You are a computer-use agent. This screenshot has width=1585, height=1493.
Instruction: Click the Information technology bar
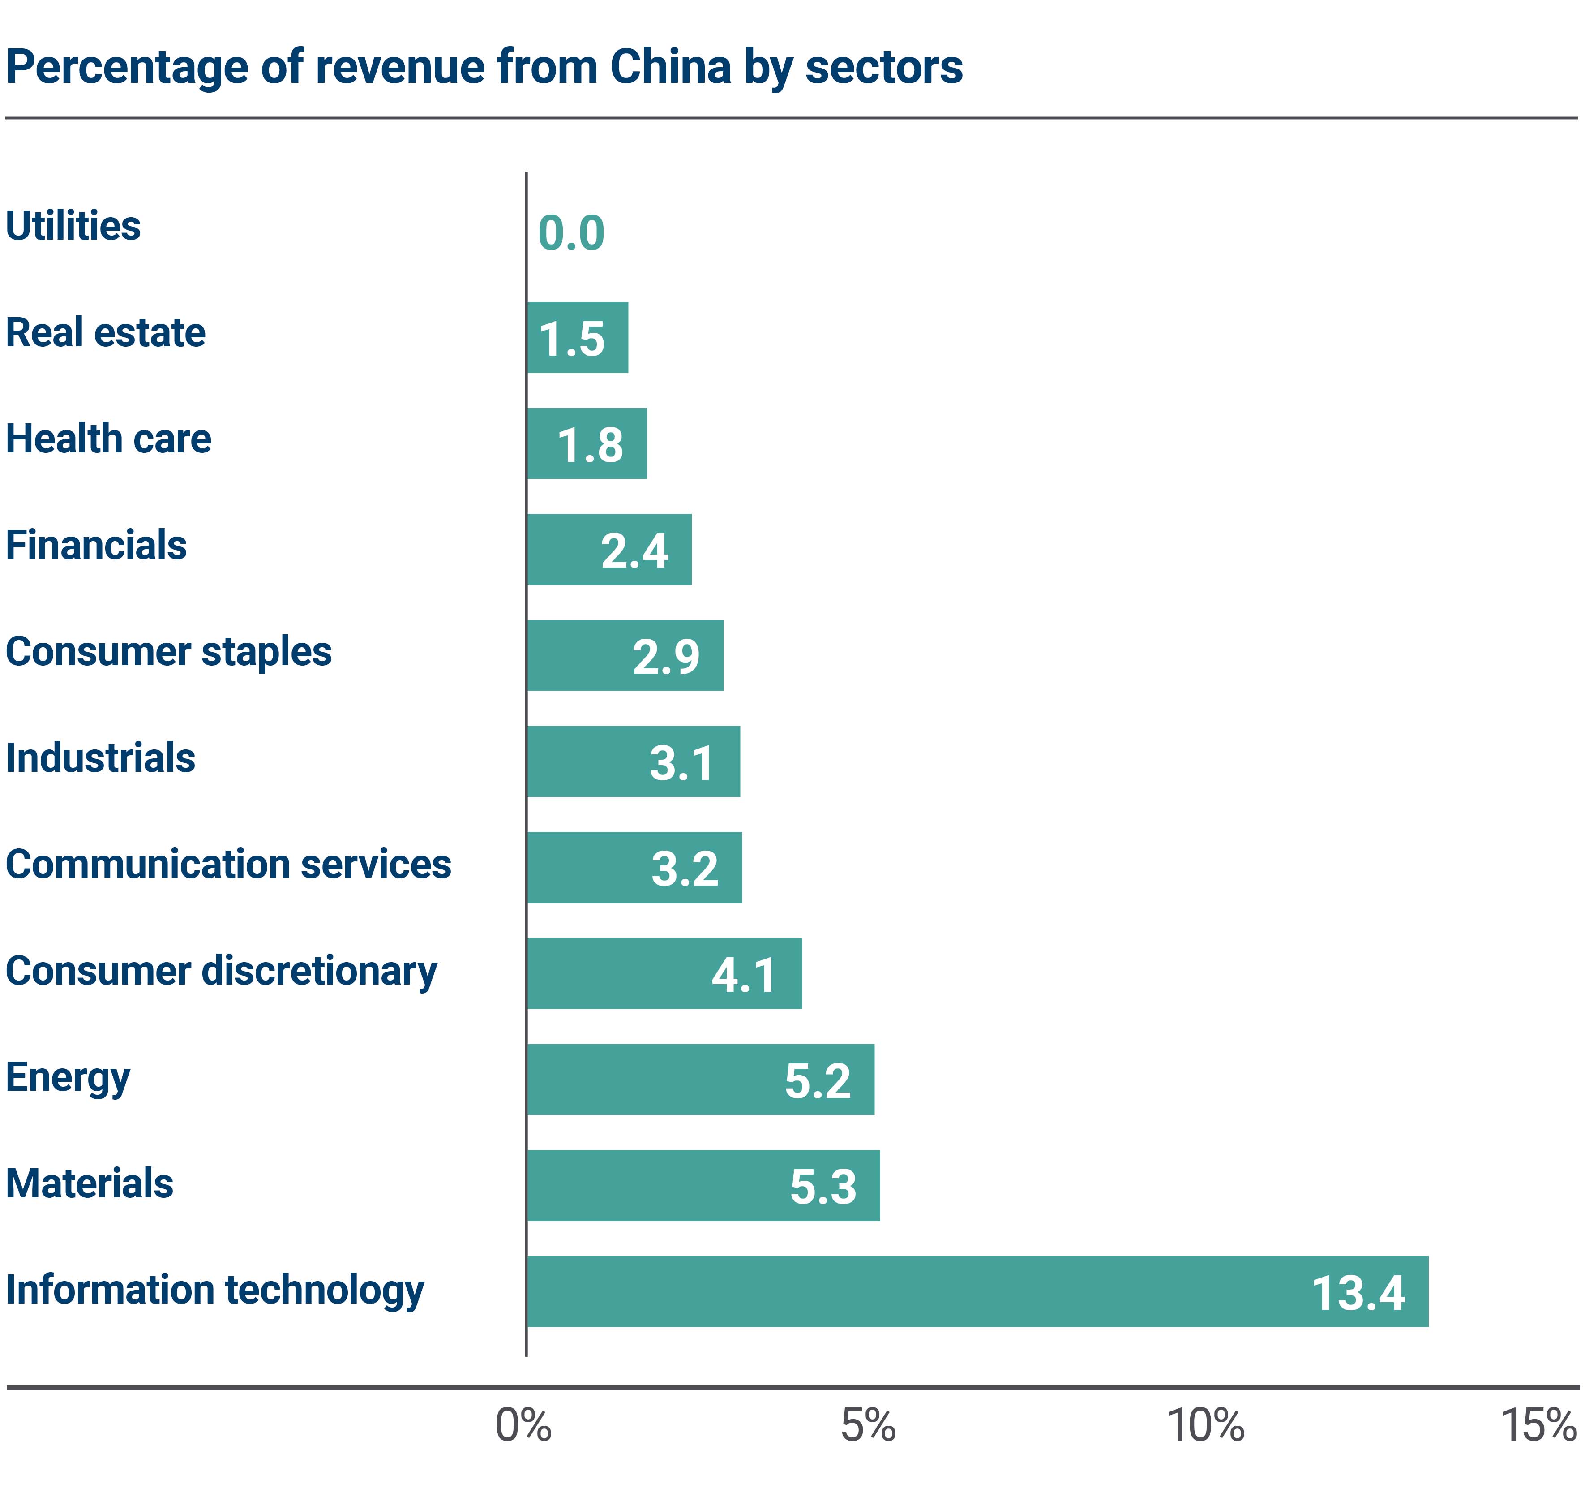click(977, 1291)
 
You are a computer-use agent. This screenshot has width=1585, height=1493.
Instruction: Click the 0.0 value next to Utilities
click(571, 234)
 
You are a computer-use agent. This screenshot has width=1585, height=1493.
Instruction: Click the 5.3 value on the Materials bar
click(823, 1186)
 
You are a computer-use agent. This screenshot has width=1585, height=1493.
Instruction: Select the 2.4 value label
click(634, 551)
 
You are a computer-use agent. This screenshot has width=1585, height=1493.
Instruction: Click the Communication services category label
click(228, 864)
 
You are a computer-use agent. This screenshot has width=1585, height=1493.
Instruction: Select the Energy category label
click(68, 1077)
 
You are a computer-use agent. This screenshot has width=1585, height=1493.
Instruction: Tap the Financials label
click(96, 546)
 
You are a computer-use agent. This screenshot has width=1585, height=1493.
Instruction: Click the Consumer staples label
click(168, 652)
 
